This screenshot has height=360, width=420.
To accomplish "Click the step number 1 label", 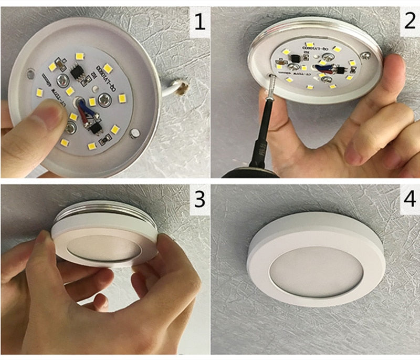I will tap(198, 23).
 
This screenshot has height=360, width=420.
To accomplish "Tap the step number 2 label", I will tap(408, 22).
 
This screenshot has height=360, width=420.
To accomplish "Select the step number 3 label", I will tap(198, 200).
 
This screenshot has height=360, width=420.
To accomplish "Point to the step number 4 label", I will tap(408, 200).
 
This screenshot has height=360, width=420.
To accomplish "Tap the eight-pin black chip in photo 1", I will tap(77, 72).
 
